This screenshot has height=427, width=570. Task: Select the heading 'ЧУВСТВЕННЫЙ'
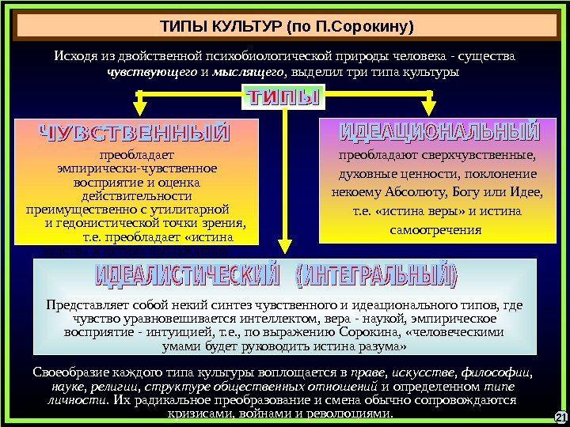(135, 132)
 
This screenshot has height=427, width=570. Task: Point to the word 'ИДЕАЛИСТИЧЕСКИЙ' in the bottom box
(188, 277)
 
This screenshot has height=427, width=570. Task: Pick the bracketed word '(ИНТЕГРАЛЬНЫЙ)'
(376, 277)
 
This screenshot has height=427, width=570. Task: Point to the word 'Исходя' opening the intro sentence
(74, 57)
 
